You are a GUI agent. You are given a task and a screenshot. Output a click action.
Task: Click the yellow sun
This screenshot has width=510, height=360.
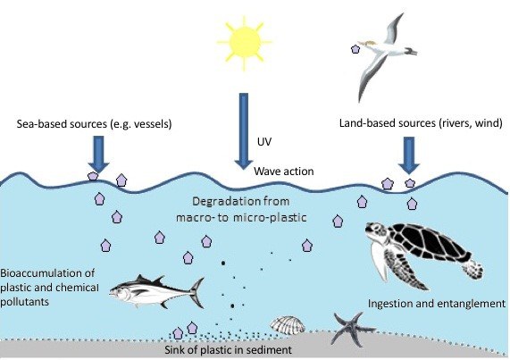pyautogui.click(x=245, y=42)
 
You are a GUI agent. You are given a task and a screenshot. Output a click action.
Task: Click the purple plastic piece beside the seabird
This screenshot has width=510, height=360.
pyautogui.click(x=355, y=49)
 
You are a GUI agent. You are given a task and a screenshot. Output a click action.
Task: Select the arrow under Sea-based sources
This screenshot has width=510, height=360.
pyautogui.click(x=98, y=154)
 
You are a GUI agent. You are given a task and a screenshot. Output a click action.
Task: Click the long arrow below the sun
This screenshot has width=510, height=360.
pyautogui.click(x=244, y=130)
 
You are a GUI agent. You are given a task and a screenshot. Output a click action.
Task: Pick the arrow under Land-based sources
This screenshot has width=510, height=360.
pyautogui.click(x=409, y=155)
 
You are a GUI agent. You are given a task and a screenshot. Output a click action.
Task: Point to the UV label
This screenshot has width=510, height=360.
pyautogui.click(x=264, y=142)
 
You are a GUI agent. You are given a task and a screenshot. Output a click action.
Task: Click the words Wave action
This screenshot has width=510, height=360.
pyautogui.click(x=284, y=172)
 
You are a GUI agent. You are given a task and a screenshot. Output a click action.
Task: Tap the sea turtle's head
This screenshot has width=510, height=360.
pyautogui.click(x=375, y=230)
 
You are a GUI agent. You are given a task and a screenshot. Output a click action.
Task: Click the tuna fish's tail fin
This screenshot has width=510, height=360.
pyautogui.click(x=197, y=293)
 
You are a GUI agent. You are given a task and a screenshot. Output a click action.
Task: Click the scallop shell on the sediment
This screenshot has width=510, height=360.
pyautogui.click(x=288, y=325)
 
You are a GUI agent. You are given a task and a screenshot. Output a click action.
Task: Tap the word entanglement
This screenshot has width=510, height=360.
pyautogui.click(x=471, y=304)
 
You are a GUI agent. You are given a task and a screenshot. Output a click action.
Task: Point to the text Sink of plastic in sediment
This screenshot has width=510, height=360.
pyautogui.click(x=228, y=350)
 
